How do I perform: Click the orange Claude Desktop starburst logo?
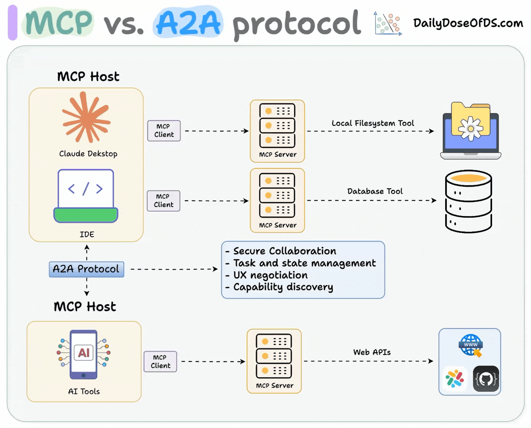(86, 118)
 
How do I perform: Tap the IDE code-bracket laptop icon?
(86, 196)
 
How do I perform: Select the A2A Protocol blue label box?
(86, 269)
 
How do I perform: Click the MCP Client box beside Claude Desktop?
(164, 130)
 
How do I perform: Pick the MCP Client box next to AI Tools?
(161, 362)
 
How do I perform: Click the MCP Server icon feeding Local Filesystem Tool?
(277, 126)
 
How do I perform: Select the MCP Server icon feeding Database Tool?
(277, 195)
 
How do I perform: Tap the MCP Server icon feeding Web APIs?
(274, 356)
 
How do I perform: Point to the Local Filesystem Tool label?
(373, 123)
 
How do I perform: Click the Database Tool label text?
(375, 191)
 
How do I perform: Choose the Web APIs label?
(372, 352)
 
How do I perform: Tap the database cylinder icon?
(468, 201)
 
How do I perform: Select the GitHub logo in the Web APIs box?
(486, 379)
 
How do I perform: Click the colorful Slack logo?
(455, 379)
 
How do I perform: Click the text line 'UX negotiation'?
(270, 275)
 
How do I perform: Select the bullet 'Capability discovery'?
(283, 287)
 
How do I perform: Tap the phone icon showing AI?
(83, 354)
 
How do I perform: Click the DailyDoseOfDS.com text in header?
(468, 23)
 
